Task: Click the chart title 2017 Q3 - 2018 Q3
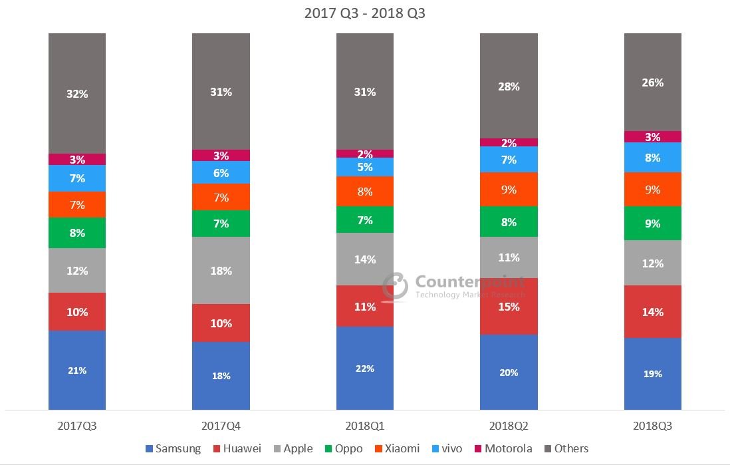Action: coord(364,13)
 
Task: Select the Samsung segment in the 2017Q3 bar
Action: coord(77,370)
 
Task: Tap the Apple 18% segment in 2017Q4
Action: coord(221,270)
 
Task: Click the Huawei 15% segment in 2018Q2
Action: coord(509,306)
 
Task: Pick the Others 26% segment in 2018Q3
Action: coord(652,82)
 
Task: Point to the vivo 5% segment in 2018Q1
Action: coord(364,167)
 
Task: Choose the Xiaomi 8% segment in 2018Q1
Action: coord(364,192)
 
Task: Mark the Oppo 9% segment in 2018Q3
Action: coord(652,224)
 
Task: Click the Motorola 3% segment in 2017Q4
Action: coord(221,156)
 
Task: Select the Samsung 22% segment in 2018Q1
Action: coord(364,368)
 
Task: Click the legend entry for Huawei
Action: coord(238,448)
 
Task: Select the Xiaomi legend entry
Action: coord(401,448)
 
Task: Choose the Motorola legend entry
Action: coord(507,448)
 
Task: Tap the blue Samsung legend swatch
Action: coord(149,448)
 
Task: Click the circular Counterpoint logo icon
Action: coord(395,285)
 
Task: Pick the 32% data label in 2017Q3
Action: coord(77,94)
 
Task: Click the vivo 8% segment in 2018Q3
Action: coord(652,158)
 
